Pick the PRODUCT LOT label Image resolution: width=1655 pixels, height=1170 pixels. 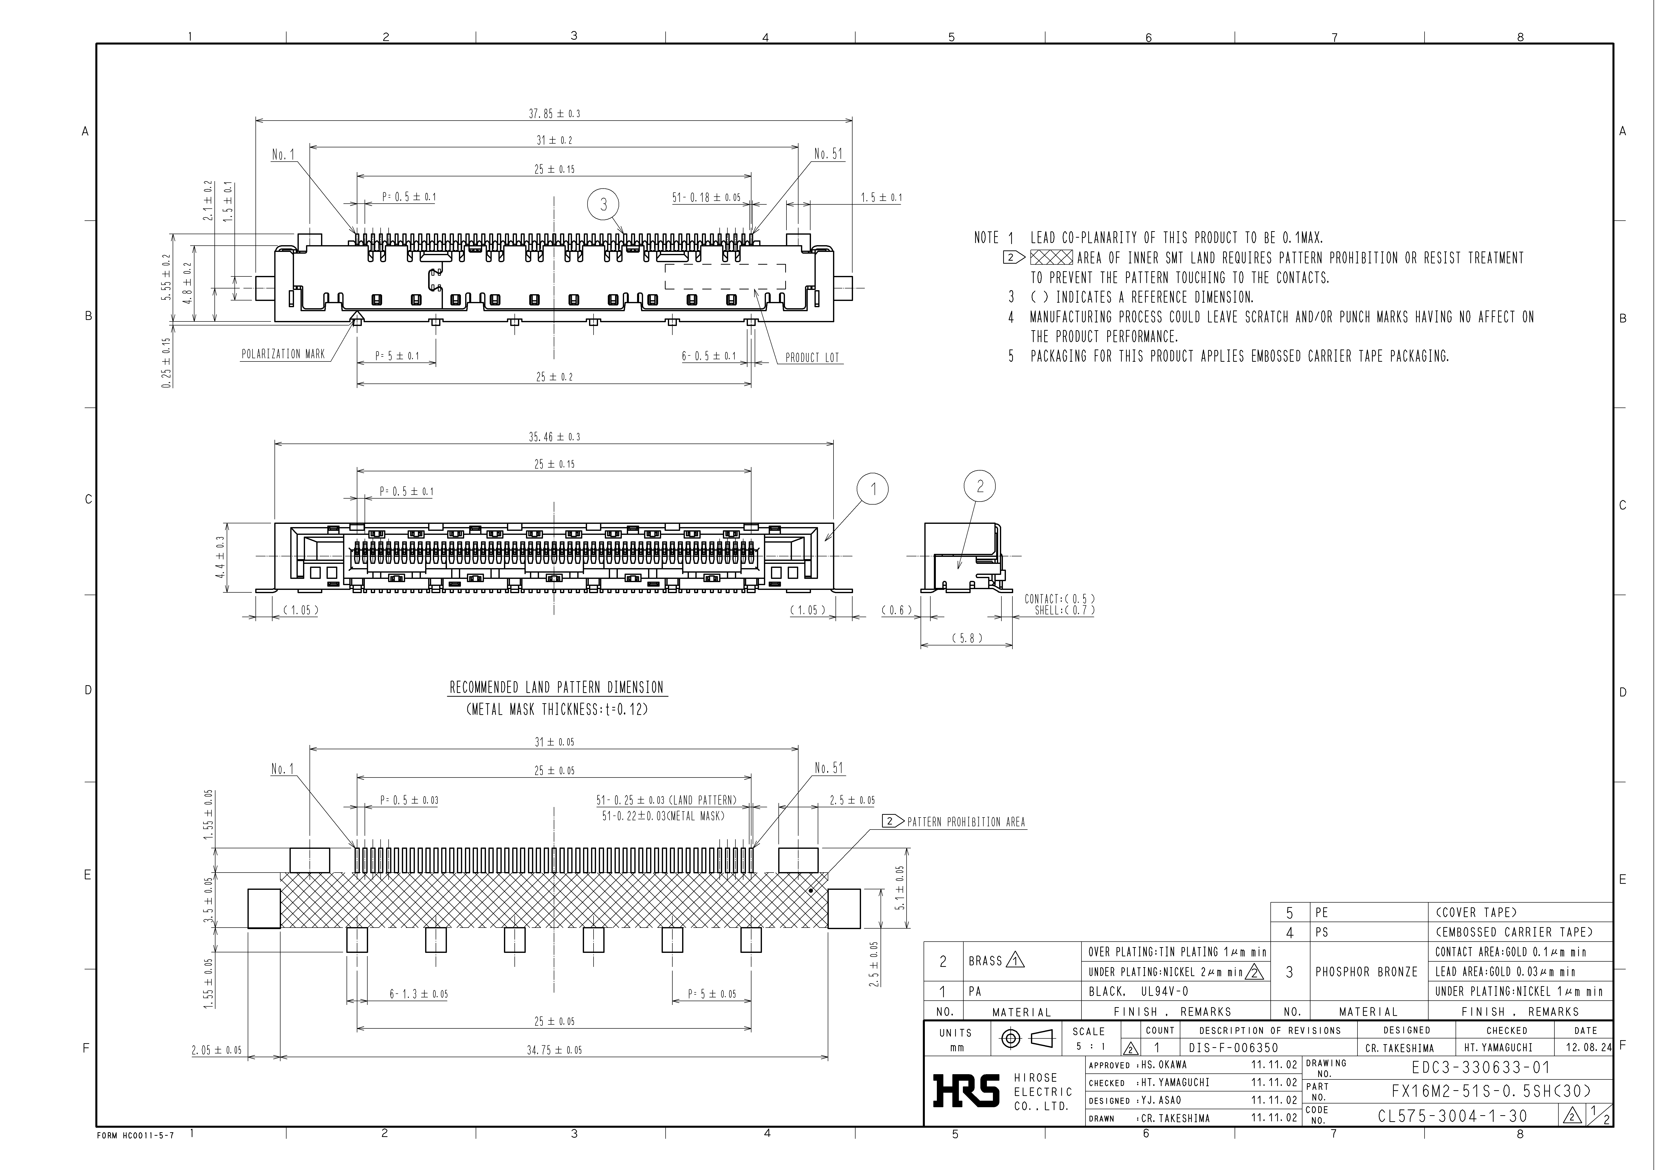812,357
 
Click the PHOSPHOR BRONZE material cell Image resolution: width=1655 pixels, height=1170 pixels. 1366,972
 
